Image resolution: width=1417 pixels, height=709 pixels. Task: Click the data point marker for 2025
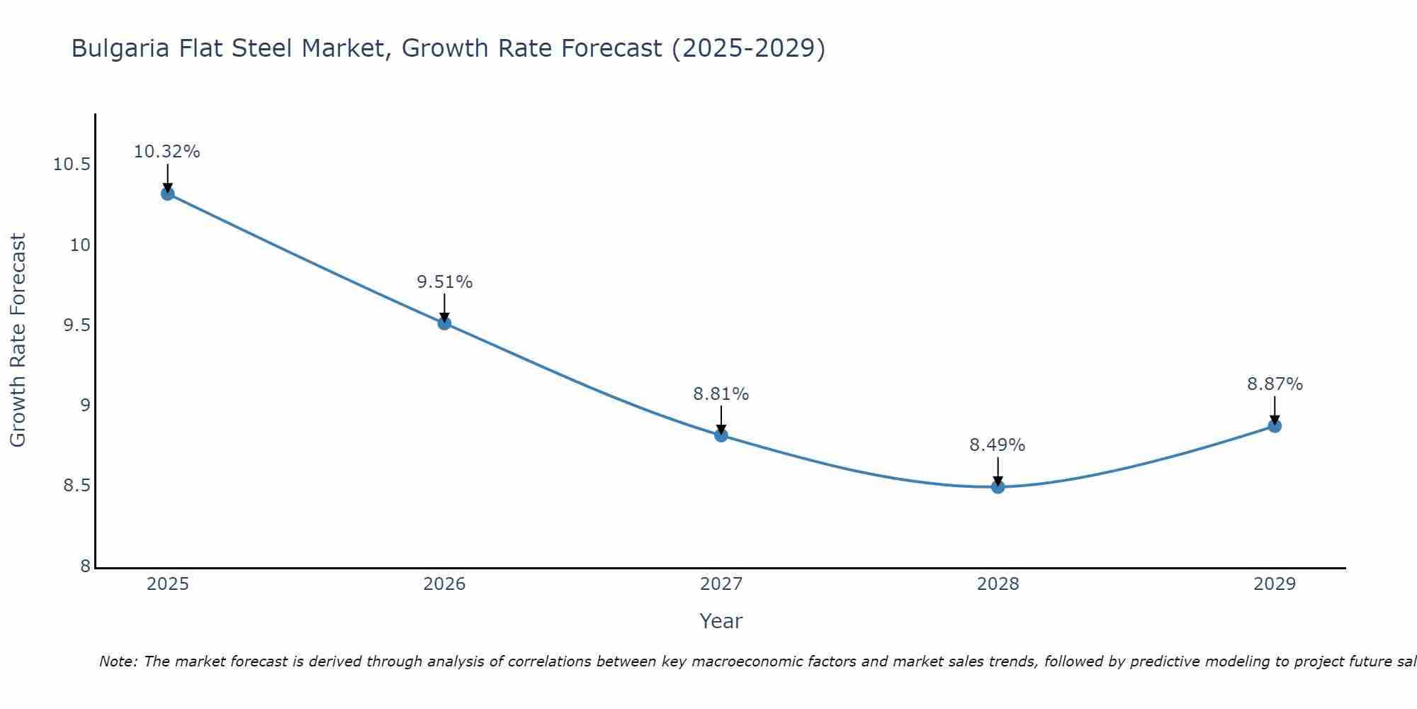tap(167, 194)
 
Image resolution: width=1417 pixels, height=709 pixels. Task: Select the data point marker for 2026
tap(444, 323)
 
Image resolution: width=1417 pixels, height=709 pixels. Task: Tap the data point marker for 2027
tap(721, 435)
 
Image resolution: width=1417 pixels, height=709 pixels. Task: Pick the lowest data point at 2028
tap(998, 487)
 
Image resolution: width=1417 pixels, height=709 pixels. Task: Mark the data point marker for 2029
tap(1275, 426)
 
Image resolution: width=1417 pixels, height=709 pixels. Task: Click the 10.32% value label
tap(167, 152)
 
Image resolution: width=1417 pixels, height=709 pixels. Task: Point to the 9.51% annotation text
tap(444, 282)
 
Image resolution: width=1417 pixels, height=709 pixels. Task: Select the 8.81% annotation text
tap(721, 394)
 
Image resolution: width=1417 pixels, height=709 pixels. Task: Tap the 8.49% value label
tap(998, 445)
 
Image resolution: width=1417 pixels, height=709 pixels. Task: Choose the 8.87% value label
tap(1275, 384)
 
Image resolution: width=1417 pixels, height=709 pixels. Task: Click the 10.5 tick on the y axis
tap(72, 165)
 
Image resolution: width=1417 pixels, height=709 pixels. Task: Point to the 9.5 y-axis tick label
tap(77, 325)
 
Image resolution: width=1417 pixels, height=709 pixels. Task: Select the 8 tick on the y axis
tap(86, 566)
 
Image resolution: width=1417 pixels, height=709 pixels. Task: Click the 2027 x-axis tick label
tap(721, 584)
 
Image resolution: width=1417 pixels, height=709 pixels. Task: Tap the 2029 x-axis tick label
tap(1275, 584)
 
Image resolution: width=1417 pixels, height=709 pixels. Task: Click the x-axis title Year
tap(721, 621)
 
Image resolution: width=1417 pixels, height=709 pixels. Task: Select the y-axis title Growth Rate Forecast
tap(18, 340)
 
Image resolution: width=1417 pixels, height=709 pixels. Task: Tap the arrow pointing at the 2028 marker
tap(998, 471)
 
